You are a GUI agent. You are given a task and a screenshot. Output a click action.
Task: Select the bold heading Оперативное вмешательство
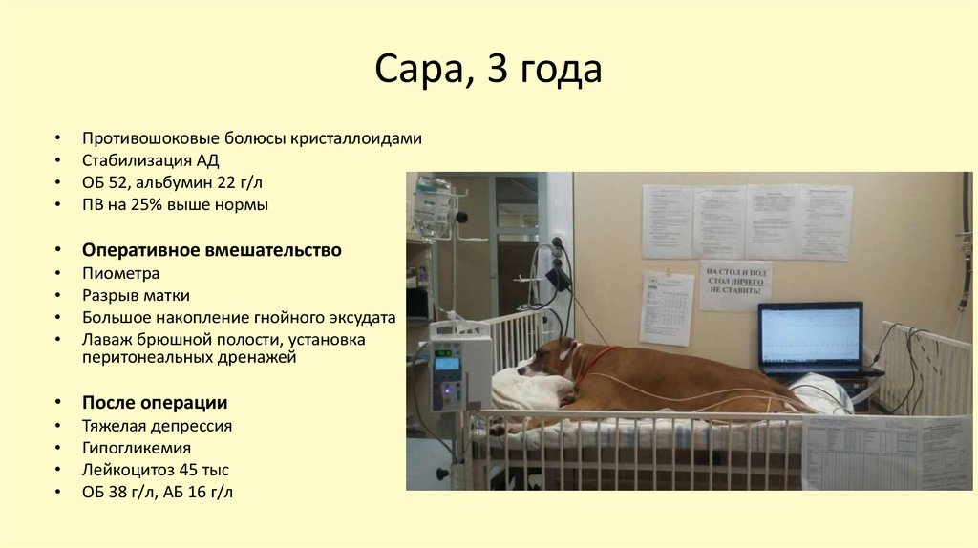[211, 250]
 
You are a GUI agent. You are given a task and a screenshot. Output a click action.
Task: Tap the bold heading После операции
[155, 402]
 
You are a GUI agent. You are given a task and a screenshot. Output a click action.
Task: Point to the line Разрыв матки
[136, 294]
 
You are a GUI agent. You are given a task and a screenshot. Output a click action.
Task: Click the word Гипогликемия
[137, 448]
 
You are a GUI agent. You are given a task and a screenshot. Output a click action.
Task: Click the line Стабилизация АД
[157, 160]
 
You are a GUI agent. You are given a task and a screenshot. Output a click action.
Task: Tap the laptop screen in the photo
[810, 336]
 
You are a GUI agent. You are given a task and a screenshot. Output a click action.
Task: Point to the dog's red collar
[592, 363]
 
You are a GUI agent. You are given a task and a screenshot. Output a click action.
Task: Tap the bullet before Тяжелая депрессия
[61, 426]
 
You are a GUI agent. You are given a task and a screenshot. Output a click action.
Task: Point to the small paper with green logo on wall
[666, 307]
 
